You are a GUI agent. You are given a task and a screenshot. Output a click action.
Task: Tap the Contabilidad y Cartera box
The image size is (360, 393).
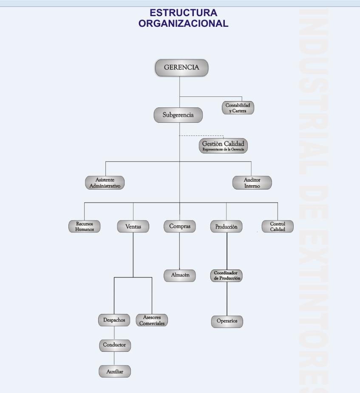238,107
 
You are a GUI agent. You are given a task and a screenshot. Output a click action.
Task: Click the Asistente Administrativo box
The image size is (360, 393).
105,182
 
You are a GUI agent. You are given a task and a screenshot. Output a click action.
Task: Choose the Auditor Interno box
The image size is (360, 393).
252,182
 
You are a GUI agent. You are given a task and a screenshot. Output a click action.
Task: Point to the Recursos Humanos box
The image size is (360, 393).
85,226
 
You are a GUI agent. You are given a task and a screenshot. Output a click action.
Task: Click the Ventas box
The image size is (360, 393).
133,227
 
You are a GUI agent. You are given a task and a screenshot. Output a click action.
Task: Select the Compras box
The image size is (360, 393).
179,226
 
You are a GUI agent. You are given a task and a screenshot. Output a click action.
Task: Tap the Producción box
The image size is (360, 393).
226,227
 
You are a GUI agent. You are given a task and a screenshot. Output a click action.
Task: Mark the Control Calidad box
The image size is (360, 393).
278,226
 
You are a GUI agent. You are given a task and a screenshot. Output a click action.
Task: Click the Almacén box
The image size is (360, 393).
179,275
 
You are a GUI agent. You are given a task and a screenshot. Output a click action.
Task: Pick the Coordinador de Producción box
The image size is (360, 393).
227,275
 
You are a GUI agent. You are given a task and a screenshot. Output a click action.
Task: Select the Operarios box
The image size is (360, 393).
227,322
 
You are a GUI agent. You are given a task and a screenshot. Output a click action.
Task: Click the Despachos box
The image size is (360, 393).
114,320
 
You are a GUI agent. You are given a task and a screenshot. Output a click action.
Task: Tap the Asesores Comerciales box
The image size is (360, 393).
152,320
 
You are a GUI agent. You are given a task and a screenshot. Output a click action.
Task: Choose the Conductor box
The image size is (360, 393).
115,345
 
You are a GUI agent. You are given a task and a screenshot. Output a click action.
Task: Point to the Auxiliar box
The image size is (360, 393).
115,371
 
